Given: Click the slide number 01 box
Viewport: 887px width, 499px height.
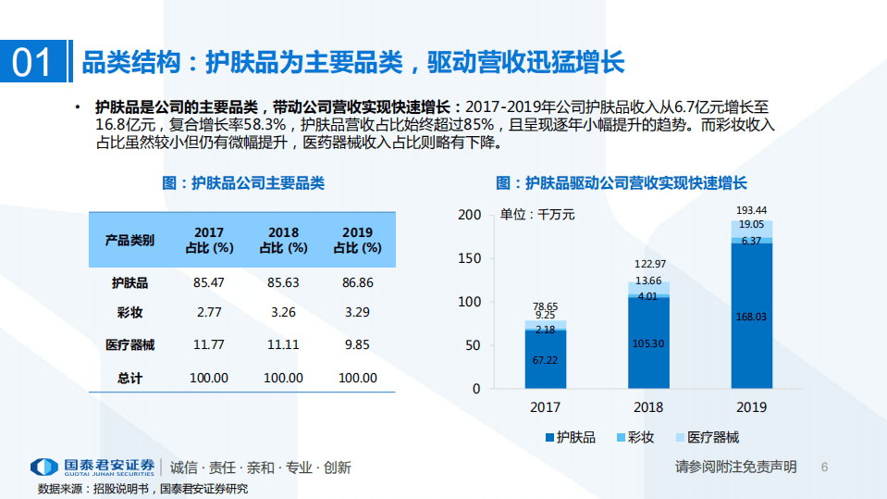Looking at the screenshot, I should click(32, 62).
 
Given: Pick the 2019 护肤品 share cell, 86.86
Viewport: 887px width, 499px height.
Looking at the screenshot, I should click(357, 282).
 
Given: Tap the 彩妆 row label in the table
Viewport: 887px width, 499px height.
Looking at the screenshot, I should click(130, 313).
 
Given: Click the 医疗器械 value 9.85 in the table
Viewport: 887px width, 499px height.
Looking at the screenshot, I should click(357, 344).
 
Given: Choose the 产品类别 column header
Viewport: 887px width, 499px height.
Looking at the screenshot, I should click(130, 240).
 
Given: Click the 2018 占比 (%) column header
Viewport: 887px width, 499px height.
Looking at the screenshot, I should click(283, 240).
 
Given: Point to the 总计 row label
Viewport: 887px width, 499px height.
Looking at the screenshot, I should click(130, 378).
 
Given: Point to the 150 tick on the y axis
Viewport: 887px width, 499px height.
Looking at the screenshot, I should click(470, 258).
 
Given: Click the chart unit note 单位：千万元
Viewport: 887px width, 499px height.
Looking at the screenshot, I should click(537, 214).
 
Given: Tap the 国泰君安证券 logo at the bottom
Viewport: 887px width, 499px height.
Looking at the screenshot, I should click(92, 468).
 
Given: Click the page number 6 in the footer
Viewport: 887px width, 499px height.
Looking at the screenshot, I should click(825, 468).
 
